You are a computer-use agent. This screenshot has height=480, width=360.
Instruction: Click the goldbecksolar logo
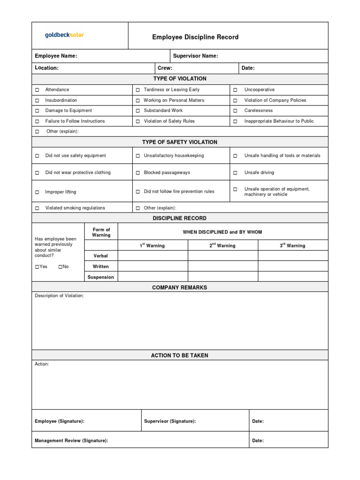64,35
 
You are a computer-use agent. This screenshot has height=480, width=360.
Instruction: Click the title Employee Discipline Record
195,37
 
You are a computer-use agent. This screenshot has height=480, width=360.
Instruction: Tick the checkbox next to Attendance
37,90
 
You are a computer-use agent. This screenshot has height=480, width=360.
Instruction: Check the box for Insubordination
37,100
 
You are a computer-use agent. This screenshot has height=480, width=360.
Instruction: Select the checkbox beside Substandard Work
138,111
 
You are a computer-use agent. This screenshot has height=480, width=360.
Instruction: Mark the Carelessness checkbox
235,111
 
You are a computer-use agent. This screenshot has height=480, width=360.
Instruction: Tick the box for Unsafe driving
235,172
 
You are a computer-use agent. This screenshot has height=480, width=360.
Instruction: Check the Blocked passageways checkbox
138,172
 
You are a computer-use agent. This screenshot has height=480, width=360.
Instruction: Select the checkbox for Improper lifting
37,192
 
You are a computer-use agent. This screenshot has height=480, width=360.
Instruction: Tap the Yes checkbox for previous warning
37,267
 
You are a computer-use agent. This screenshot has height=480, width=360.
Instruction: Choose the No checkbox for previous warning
60,267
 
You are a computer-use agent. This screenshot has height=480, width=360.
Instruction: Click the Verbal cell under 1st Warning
153,256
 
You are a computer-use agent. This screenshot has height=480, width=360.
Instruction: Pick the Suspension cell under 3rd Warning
293,277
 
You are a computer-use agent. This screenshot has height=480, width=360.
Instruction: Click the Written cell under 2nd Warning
223,266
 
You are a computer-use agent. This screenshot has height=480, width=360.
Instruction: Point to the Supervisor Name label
195,56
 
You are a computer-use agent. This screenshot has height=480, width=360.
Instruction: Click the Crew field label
165,68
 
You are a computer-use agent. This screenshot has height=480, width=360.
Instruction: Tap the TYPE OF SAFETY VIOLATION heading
180,142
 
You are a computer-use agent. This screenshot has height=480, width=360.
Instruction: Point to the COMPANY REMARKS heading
180,287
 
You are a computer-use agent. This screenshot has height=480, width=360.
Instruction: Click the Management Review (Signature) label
71,441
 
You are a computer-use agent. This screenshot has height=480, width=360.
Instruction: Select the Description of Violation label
59,296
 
